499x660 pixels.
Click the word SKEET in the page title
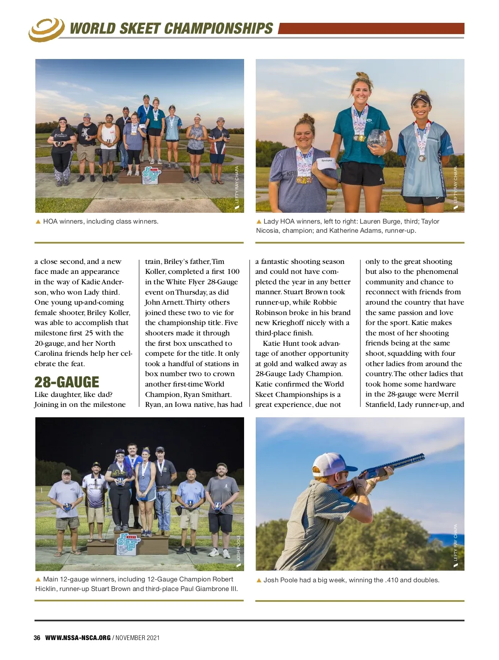[x=140, y=29]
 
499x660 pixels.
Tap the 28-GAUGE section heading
[x=67, y=382]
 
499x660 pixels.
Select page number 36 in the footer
[x=37, y=638]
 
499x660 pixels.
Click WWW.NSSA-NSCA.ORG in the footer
[x=78, y=638]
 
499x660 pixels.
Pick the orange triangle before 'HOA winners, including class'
[x=38, y=222]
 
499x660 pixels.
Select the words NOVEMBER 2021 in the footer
[x=138, y=638]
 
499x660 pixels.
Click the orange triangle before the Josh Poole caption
[x=259, y=580]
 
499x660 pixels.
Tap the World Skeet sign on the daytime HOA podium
[x=151, y=175]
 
